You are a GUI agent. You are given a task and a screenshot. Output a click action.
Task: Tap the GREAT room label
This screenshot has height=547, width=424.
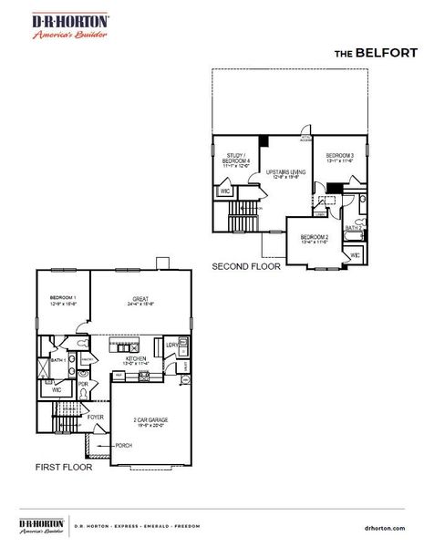click(140, 299)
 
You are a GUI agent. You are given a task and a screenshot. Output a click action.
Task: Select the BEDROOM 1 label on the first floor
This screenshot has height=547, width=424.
click(63, 299)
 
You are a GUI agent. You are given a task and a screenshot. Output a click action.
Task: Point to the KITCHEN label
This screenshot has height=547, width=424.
click(136, 359)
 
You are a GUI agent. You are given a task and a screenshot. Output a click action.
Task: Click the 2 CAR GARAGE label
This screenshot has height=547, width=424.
click(150, 419)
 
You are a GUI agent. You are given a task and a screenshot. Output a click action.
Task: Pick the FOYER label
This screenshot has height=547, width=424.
click(95, 418)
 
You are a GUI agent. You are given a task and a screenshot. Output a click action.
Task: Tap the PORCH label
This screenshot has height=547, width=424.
click(123, 446)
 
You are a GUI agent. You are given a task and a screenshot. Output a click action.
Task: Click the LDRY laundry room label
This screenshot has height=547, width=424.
click(171, 345)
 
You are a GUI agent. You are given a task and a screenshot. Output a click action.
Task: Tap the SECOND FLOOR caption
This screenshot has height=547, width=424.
click(246, 268)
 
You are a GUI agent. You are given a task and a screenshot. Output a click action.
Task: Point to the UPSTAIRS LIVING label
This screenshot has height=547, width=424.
click(285, 170)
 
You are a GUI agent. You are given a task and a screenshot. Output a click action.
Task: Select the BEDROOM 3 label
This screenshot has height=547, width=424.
click(339, 155)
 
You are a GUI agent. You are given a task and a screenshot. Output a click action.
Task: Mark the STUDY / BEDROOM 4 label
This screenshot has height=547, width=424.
click(235, 159)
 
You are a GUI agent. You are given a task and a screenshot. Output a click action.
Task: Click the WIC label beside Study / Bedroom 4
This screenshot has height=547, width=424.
click(224, 191)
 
